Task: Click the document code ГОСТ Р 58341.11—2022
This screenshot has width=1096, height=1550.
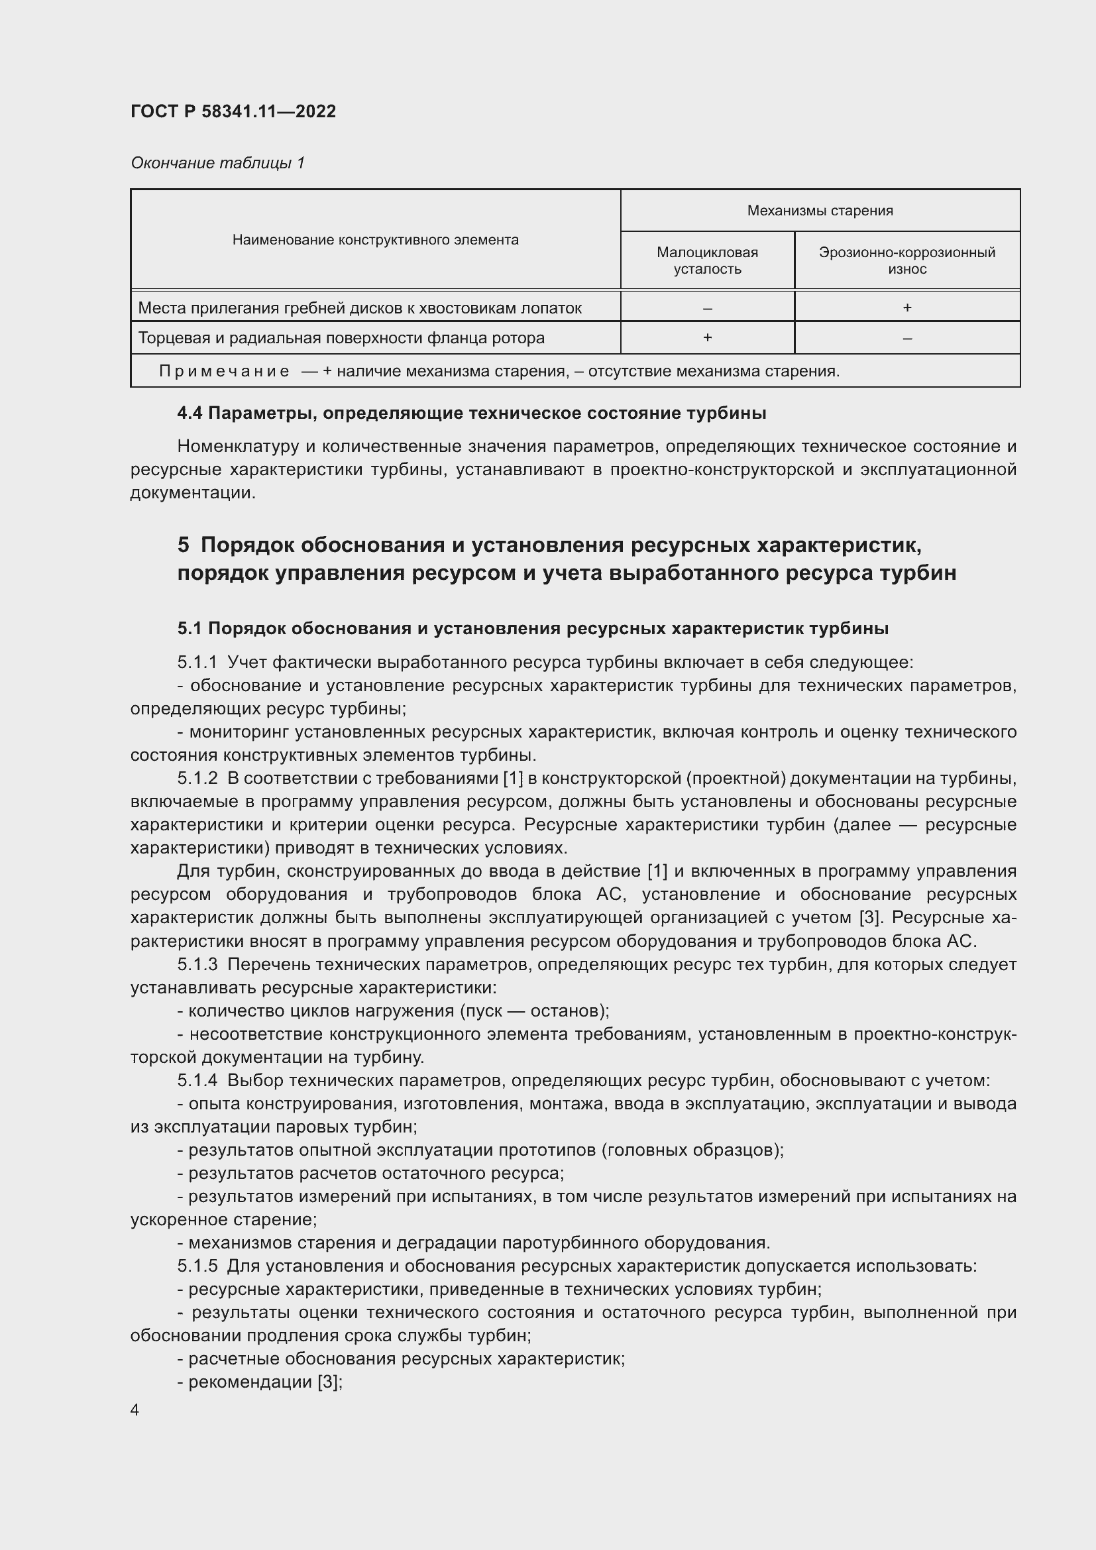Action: [233, 111]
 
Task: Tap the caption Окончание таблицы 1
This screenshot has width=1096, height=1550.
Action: [217, 163]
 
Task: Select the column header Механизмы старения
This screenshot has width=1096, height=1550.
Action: [819, 211]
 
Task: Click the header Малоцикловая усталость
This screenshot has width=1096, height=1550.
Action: [706, 260]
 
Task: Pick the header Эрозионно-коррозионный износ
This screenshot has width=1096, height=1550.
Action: [906, 260]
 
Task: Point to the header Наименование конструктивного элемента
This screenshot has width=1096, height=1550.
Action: [375, 240]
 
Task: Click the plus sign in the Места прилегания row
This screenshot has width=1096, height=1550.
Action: [906, 308]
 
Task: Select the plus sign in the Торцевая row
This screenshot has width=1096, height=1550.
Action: [706, 337]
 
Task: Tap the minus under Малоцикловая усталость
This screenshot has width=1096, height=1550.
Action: [706, 309]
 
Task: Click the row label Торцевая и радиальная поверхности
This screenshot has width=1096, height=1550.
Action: [341, 337]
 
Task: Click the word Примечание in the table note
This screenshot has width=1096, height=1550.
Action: [224, 371]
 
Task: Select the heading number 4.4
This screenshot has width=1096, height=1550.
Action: [190, 413]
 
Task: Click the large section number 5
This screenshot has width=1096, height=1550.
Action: [184, 544]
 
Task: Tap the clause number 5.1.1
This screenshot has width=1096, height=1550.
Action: [197, 662]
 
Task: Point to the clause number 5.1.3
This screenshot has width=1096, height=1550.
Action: [197, 965]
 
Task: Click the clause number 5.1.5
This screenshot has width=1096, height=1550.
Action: [197, 1266]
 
